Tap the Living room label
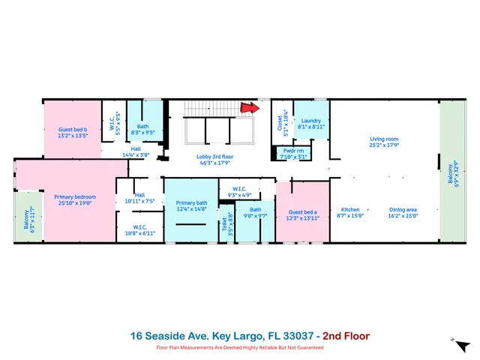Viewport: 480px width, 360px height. coord(383,139)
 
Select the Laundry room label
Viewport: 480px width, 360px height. coord(311,121)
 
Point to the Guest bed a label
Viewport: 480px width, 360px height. coord(303,212)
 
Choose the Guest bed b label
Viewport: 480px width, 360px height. coord(73,130)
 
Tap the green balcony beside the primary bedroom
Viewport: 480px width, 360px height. coord(27,217)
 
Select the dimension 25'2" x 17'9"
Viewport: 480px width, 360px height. coord(383,145)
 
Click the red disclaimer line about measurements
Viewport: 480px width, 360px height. coord(240,347)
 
